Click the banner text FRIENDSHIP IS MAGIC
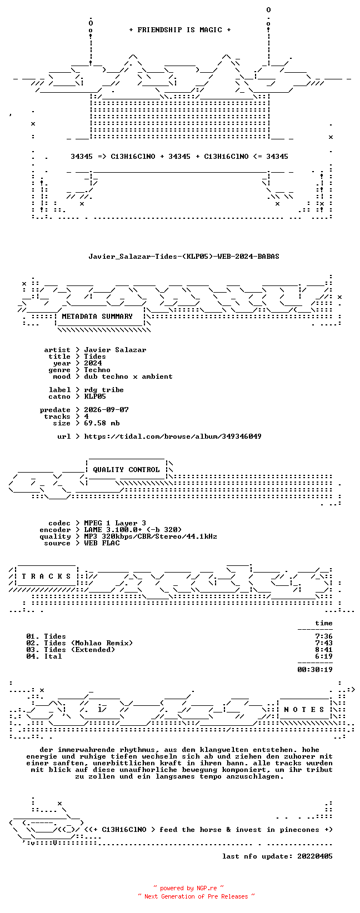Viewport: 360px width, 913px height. [x=180, y=30]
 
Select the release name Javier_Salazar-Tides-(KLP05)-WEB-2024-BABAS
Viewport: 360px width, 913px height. [x=184, y=257]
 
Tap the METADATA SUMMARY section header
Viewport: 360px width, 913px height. [x=97, y=317]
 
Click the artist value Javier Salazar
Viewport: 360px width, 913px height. [x=115, y=350]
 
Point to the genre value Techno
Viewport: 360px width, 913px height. [x=97, y=370]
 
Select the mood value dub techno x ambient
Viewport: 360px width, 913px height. [x=128, y=377]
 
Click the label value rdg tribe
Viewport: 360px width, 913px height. [x=103, y=390]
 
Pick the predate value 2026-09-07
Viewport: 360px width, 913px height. [x=106, y=410]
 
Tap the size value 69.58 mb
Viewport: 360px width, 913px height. [x=102, y=423]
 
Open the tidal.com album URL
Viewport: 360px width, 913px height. [x=172, y=437]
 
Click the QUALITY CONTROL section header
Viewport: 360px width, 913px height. [x=126, y=470]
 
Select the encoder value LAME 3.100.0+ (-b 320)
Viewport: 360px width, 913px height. [x=133, y=530]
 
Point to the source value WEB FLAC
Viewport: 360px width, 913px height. [x=102, y=543]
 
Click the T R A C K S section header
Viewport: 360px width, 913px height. [x=46, y=576]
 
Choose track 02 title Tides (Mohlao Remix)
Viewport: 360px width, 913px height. [x=88, y=643]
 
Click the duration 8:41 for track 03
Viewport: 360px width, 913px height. [x=324, y=650]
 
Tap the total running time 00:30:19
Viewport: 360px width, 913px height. [x=315, y=670]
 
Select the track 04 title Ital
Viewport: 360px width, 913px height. [x=53, y=656]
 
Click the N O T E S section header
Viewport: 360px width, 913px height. [x=304, y=710]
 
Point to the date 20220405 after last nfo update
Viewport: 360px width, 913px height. [x=315, y=856]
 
